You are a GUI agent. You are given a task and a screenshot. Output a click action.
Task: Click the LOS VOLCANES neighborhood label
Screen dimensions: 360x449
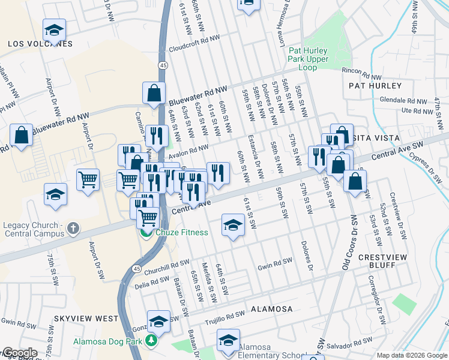pyautogui.click(x=40, y=44)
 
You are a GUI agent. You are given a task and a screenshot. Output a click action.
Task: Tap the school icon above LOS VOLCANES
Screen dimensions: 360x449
pyautogui.click(x=54, y=29)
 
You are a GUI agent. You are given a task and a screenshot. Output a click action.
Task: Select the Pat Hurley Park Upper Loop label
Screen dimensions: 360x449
pyautogui.click(x=309, y=59)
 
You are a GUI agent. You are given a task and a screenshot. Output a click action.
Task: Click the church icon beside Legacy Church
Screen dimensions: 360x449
pyautogui.click(x=73, y=228)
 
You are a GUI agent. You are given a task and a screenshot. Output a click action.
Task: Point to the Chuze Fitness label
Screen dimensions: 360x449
pyautogui.click(x=182, y=232)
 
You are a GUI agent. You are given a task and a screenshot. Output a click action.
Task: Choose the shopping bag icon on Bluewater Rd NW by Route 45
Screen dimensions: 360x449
pyautogui.click(x=154, y=93)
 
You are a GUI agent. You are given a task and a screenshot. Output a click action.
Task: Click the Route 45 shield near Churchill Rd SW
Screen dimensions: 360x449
pyautogui.click(x=137, y=267)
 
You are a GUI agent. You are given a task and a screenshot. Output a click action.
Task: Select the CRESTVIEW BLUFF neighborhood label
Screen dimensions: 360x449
pyautogui.click(x=384, y=260)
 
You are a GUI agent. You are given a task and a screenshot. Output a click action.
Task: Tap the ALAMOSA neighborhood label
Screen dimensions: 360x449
pyautogui.click(x=271, y=309)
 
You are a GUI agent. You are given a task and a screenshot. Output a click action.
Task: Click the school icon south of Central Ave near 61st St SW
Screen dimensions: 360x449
pyautogui.click(x=234, y=225)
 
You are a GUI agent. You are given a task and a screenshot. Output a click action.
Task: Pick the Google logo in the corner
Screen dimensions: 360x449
pyautogui.click(x=19, y=353)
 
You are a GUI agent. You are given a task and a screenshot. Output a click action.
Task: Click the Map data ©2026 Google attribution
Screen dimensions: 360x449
pyautogui.click(x=412, y=355)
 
